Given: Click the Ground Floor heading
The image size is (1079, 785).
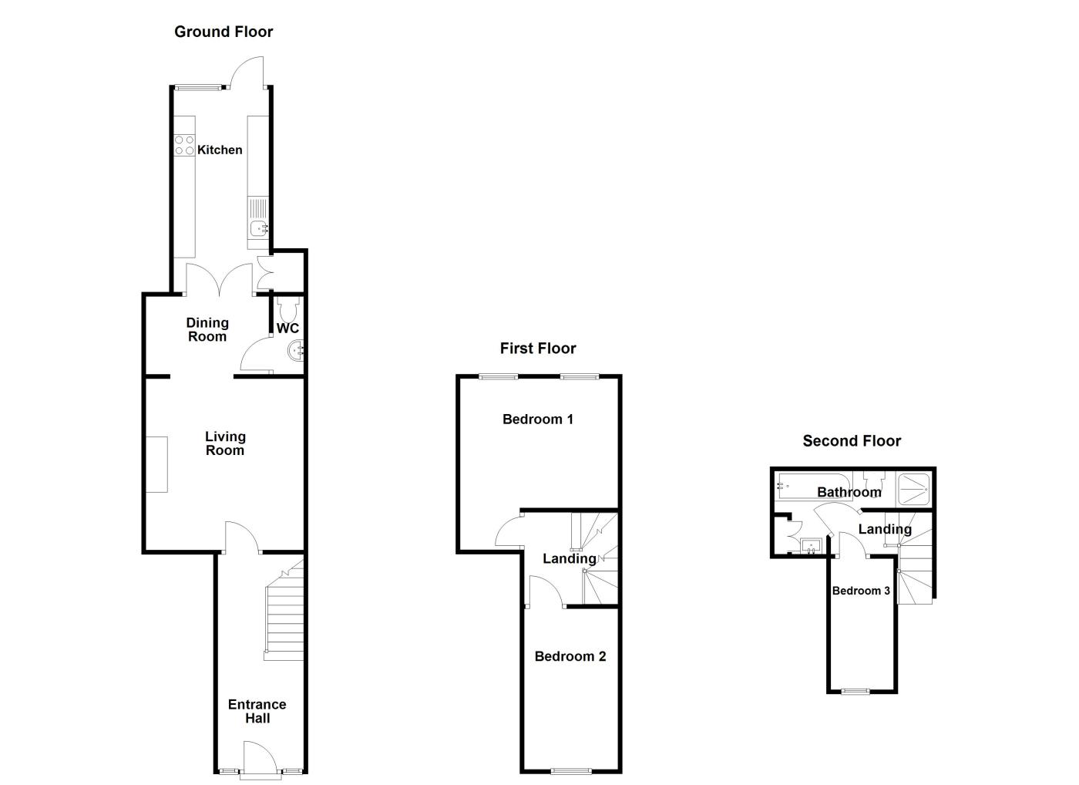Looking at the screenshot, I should click(x=224, y=32).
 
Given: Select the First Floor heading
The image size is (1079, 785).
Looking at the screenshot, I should click(x=538, y=349).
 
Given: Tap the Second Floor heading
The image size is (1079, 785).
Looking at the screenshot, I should click(x=852, y=441).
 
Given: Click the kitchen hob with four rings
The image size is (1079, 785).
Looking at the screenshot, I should click(x=184, y=145).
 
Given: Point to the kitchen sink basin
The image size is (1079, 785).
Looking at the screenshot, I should click(x=259, y=227).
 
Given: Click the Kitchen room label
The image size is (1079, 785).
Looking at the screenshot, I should click(x=220, y=150).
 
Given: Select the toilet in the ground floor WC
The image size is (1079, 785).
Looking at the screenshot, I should click(x=289, y=310).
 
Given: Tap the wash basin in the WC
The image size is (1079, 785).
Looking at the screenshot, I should click(x=296, y=352).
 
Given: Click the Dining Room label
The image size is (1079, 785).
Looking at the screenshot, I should click(x=207, y=329).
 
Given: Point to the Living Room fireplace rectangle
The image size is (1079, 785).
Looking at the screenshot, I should click(x=157, y=464).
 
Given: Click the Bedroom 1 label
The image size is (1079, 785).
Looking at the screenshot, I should click(x=538, y=419).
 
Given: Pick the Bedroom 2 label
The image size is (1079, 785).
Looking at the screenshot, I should click(x=570, y=656).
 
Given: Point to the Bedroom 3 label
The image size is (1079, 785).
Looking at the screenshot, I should click(x=861, y=591).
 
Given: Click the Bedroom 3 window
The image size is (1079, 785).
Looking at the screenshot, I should click(x=854, y=691).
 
